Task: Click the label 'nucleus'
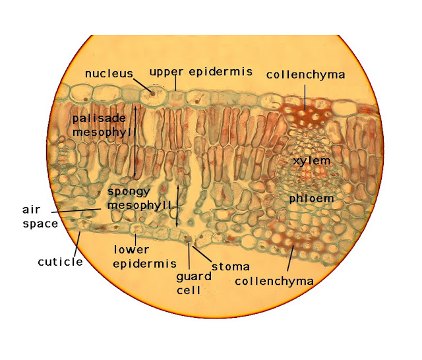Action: pos(109,73)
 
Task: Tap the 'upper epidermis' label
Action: pos(200,72)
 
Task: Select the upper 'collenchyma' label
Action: pos(305,75)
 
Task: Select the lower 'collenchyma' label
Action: pos(274,281)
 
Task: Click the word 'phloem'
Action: pos(311,198)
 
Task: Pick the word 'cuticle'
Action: pos(60,262)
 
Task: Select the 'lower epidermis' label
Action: pos(131,256)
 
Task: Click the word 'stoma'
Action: pos(231,266)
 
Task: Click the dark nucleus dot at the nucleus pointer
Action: pos(154,93)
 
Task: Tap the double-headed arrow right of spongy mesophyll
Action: pos(177,205)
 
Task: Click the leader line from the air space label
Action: pos(79,210)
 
